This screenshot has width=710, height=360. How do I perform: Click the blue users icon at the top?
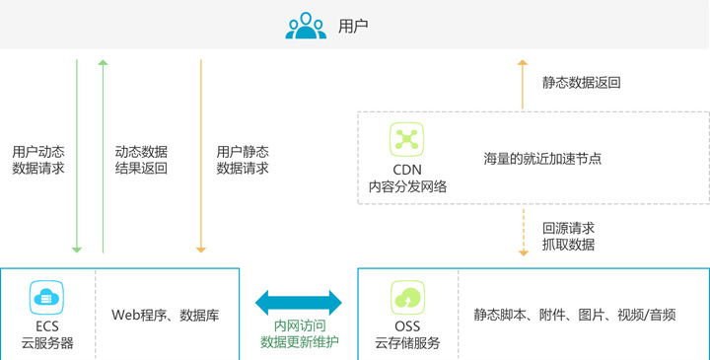tap(306, 26)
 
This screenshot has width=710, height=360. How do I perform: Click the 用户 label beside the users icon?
tap(353, 27)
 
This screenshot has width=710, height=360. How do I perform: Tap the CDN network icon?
tap(406, 139)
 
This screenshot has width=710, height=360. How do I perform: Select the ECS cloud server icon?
tap(46, 298)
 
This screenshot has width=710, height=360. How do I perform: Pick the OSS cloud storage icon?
tap(407, 298)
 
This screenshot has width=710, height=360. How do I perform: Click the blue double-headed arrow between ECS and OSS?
tap(299, 303)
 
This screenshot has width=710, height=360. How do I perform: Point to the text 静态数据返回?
tap(582, 83)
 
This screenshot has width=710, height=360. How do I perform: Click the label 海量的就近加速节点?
tap(542, 159)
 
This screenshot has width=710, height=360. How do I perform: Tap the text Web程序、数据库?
tap(166, 315)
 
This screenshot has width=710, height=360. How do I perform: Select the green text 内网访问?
tap(300, 325)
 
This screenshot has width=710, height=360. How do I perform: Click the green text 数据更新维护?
tap(300, 342)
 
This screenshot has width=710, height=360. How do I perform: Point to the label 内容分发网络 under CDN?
tap(407, 186)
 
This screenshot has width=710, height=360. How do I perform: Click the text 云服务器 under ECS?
tap(47, 343)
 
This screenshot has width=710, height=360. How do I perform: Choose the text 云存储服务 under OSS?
tap(407, 343)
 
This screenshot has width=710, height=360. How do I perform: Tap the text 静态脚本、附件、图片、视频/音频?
tap(575, 315)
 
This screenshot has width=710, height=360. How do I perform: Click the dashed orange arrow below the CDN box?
tap(524, 232)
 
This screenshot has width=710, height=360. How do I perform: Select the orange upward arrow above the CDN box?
tap(523, 85)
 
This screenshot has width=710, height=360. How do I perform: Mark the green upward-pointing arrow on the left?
tap(104, 156)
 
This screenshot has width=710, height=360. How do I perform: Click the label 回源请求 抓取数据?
tap(568, 236)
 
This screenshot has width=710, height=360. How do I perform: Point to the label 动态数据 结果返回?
tap(141, 160)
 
